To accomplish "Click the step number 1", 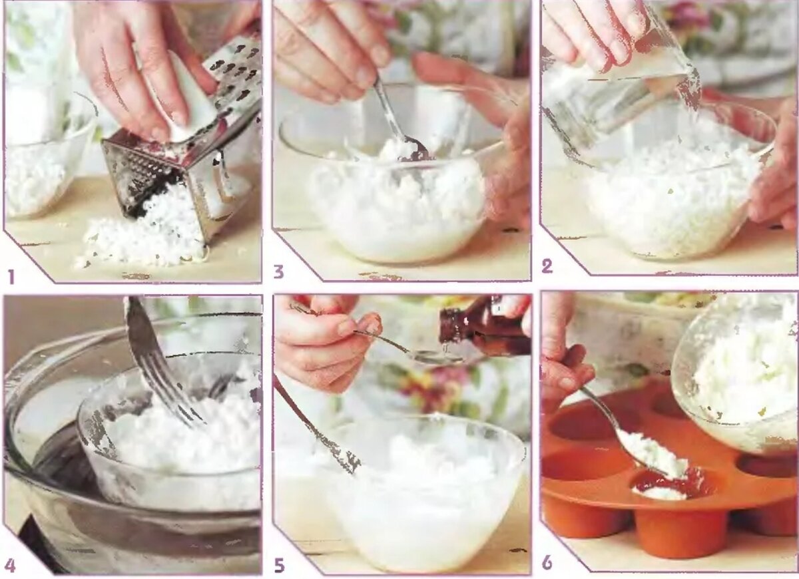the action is pos(12,277).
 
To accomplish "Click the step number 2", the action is pos(547,266).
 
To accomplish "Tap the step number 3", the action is pos(278,272).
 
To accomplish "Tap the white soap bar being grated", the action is pos(189,103).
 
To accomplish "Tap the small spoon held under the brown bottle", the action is pos(407,347).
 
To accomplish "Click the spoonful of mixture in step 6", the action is pos(653,453).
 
